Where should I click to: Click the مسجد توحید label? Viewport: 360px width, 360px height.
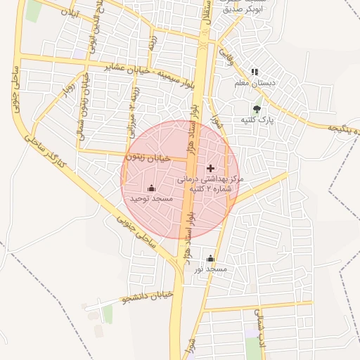151,199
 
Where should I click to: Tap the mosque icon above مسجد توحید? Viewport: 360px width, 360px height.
151,188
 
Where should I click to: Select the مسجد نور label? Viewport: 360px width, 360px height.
211,269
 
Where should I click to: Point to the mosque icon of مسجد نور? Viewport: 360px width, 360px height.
210,258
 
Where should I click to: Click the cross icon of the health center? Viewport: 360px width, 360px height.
211,169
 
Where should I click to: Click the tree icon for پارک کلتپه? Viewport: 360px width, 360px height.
257,109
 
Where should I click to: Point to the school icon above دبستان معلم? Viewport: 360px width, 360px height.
255,72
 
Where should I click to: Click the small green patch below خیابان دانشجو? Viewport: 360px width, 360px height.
108,314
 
